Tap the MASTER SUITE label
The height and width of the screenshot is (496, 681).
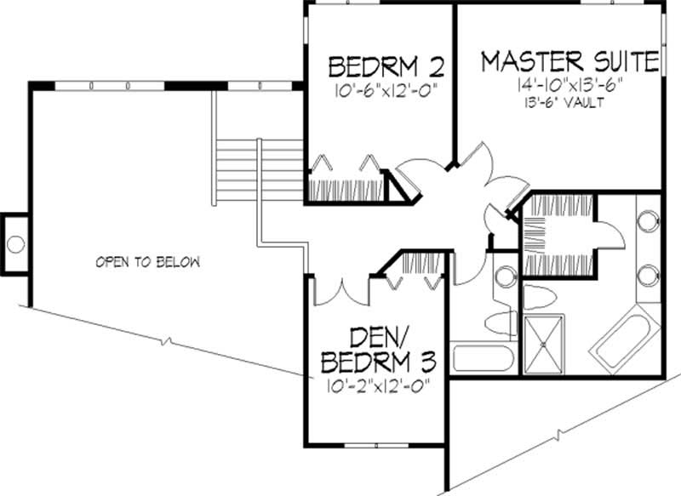[569, 61]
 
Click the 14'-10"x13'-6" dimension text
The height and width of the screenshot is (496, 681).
[569, 85]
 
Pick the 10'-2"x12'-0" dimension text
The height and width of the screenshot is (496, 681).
[377, 385]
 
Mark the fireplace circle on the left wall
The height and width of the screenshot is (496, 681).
[15, 244]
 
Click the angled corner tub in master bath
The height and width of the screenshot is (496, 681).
[627, 340]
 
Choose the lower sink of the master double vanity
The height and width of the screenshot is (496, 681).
[650, 274]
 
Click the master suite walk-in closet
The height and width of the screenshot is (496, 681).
[558, 225]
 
